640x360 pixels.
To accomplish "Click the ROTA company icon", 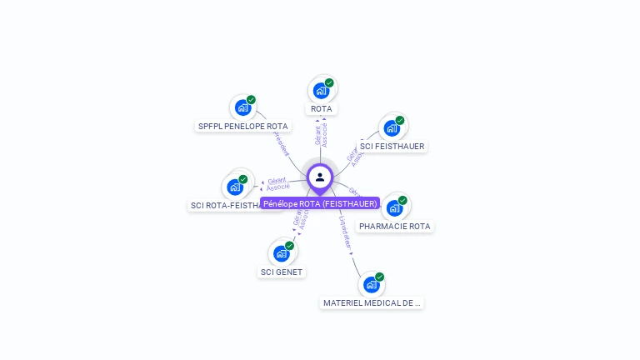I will coord(320,91).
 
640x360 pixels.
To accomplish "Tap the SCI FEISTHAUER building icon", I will coord(391,128).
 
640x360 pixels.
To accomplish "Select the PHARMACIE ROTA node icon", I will coord(393,207).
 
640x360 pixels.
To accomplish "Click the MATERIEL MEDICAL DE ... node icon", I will coord(371,284).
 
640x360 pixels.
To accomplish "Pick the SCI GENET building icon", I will coord(281,253).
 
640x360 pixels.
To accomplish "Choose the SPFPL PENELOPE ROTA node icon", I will coord(242,107).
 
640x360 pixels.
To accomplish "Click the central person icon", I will coord(320,177).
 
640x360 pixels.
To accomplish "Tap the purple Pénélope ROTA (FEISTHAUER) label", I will coord(320,203).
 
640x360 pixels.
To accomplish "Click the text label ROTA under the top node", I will coord(321,109).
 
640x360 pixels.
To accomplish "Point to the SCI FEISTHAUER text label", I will coord(392,147).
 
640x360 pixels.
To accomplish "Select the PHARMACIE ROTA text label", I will coord(395,227).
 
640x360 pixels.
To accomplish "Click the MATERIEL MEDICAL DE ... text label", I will coord(372,303).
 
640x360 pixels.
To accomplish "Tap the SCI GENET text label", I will coord(282,272).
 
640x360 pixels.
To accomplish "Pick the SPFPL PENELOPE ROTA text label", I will coord(242,127).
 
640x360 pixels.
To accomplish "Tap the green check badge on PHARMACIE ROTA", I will coord(402,200).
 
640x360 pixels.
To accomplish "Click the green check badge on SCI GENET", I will coord(289,246).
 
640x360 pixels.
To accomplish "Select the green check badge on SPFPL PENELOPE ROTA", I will coord(251,100).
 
